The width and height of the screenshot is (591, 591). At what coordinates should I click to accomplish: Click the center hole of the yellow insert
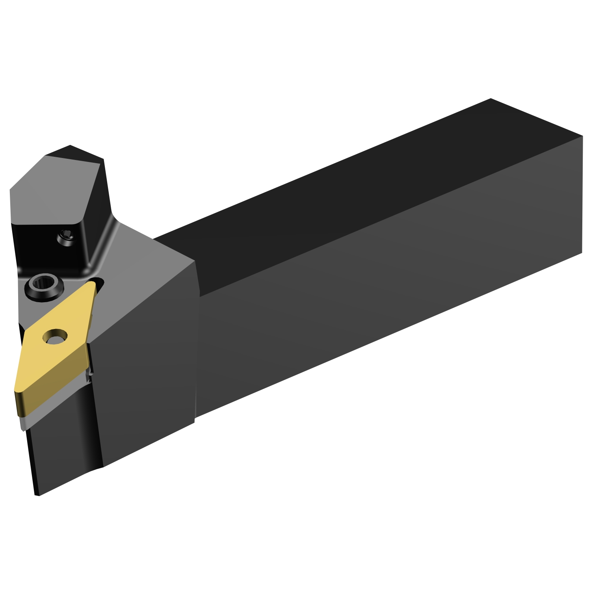click(55, 336)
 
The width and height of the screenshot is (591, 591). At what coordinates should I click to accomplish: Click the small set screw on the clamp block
click(66, 238)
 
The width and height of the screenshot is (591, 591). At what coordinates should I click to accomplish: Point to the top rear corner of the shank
click(491, 99)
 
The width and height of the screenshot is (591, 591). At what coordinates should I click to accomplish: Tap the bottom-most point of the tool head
click(37, 495)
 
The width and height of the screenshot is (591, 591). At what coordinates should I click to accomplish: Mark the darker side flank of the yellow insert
click(55, 390)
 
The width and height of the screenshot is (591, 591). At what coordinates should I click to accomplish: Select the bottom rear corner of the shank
click(582, 253)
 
